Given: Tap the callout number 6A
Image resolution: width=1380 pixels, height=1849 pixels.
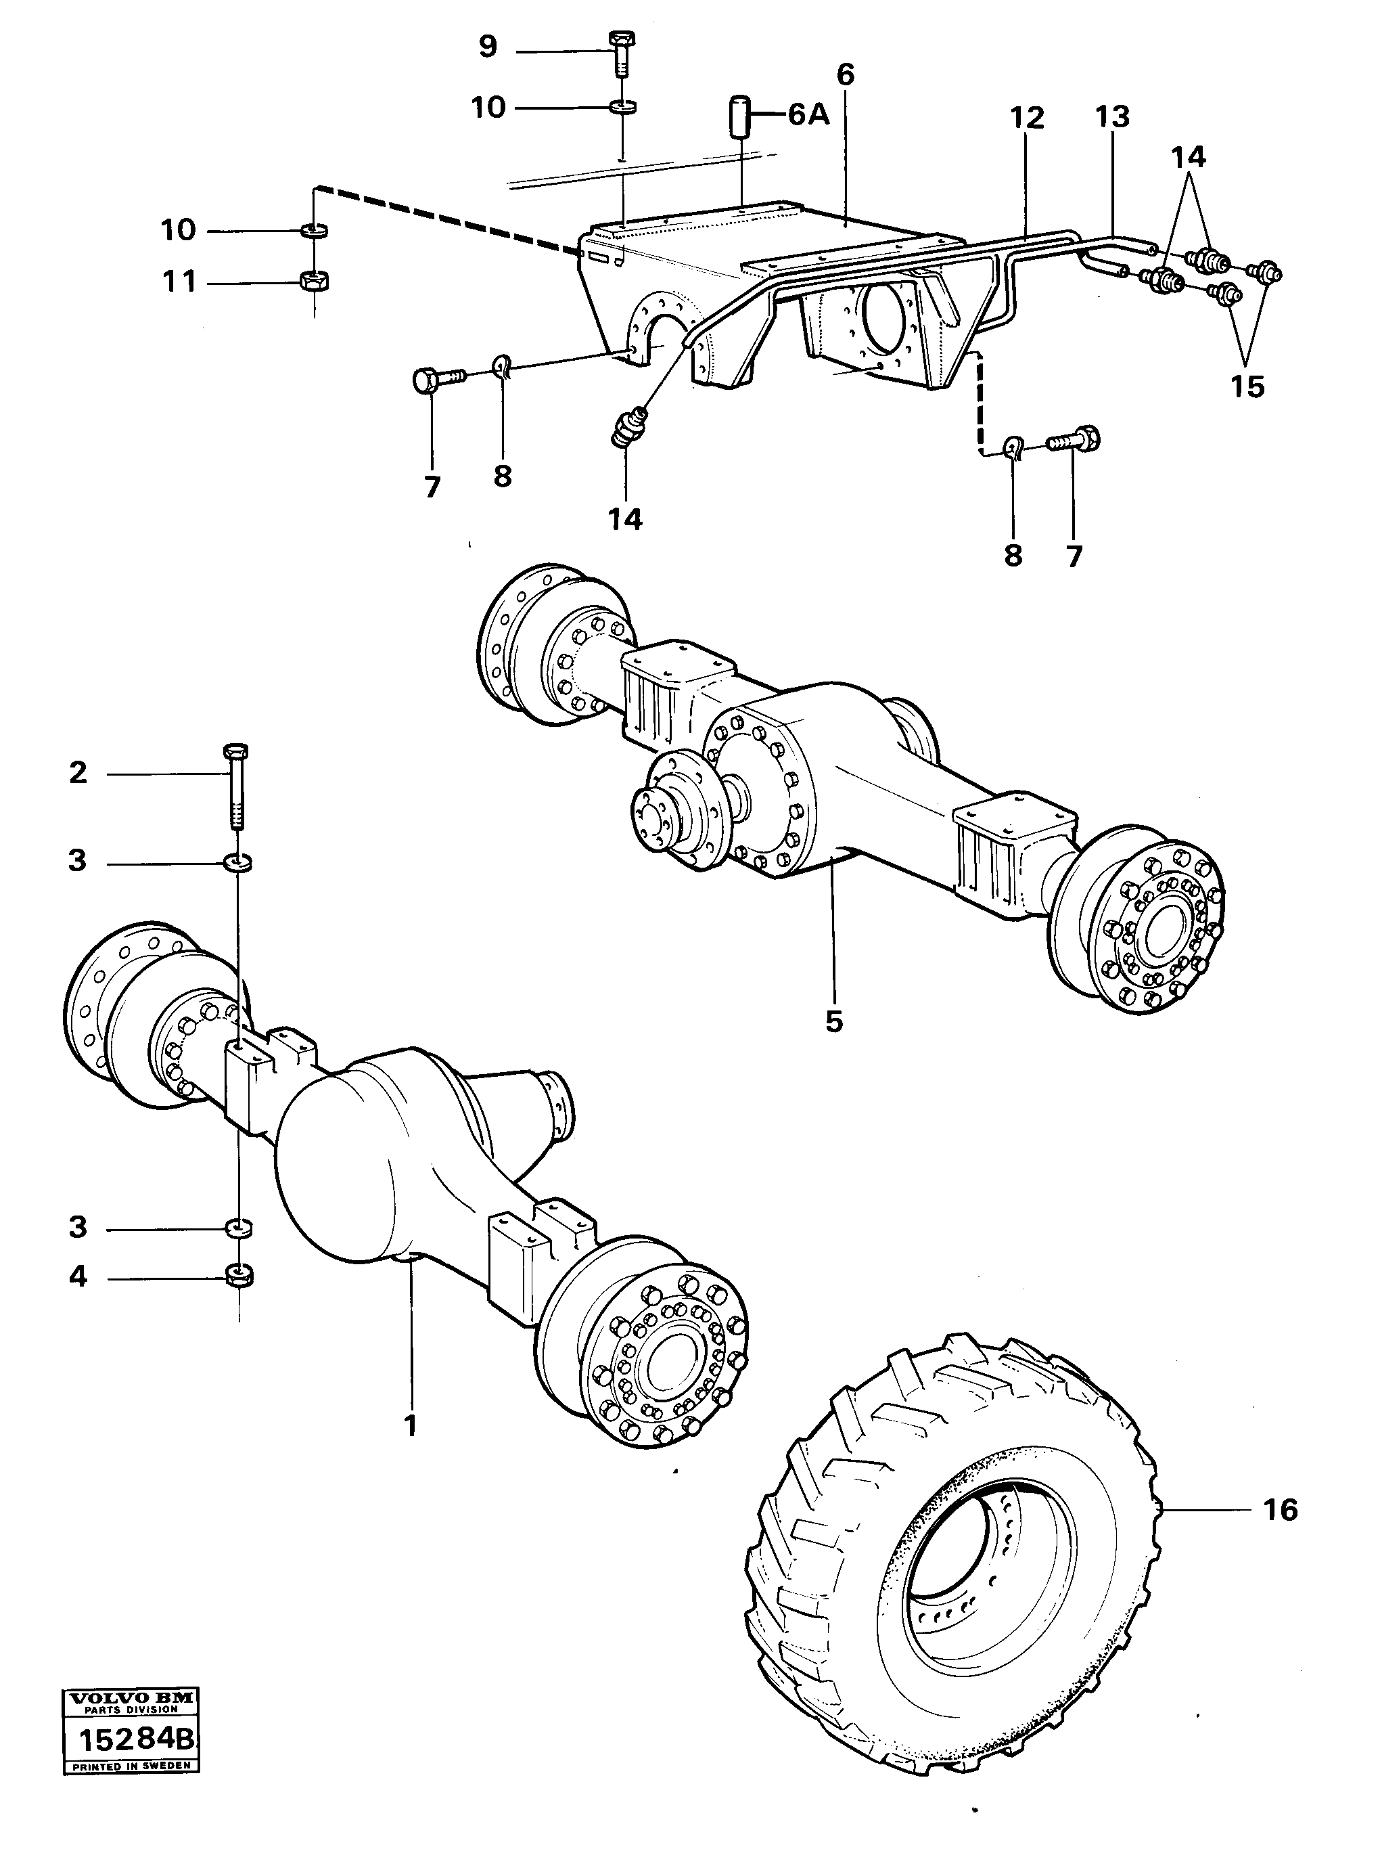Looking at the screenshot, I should (808, 114).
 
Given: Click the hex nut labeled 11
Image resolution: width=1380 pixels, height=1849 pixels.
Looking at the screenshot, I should (314, 282).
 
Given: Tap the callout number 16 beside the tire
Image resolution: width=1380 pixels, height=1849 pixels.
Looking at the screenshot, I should (1280, 1510).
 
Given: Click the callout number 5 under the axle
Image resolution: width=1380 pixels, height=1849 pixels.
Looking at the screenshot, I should (833, 1022).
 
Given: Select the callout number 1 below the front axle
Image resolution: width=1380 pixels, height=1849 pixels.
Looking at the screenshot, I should (410, 1425).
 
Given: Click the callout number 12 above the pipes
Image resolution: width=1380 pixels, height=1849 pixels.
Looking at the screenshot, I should (1027, 118).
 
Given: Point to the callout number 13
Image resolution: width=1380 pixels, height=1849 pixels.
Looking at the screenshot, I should (1112, 116).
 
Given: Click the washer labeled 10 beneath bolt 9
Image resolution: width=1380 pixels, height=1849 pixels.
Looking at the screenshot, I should (622, 107).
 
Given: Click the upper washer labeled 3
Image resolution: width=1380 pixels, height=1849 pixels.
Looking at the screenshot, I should (238, 861).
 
